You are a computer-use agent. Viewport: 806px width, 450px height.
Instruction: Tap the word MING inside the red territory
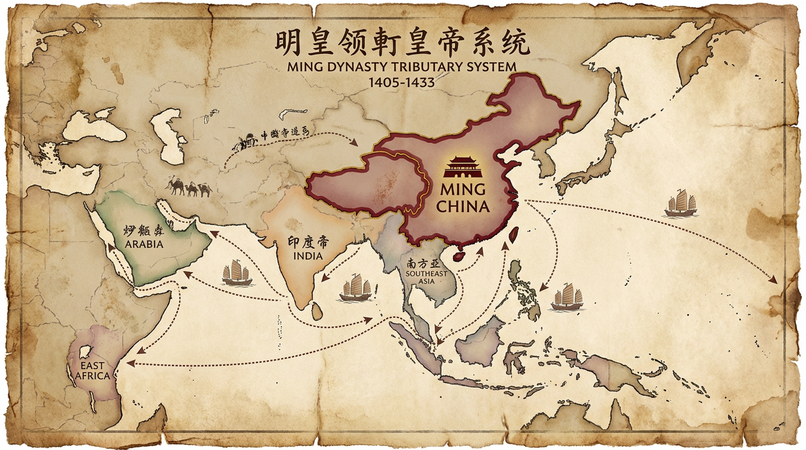[462, 191]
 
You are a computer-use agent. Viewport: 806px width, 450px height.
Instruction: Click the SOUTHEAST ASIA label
[426, 277]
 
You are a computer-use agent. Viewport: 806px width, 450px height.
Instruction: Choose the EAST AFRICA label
[93, 370]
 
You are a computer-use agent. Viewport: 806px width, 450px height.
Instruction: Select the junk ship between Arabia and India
[237, 273]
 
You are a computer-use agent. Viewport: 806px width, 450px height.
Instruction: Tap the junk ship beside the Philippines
[567, 296]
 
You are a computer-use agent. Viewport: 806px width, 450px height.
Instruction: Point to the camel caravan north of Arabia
[189, 187]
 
